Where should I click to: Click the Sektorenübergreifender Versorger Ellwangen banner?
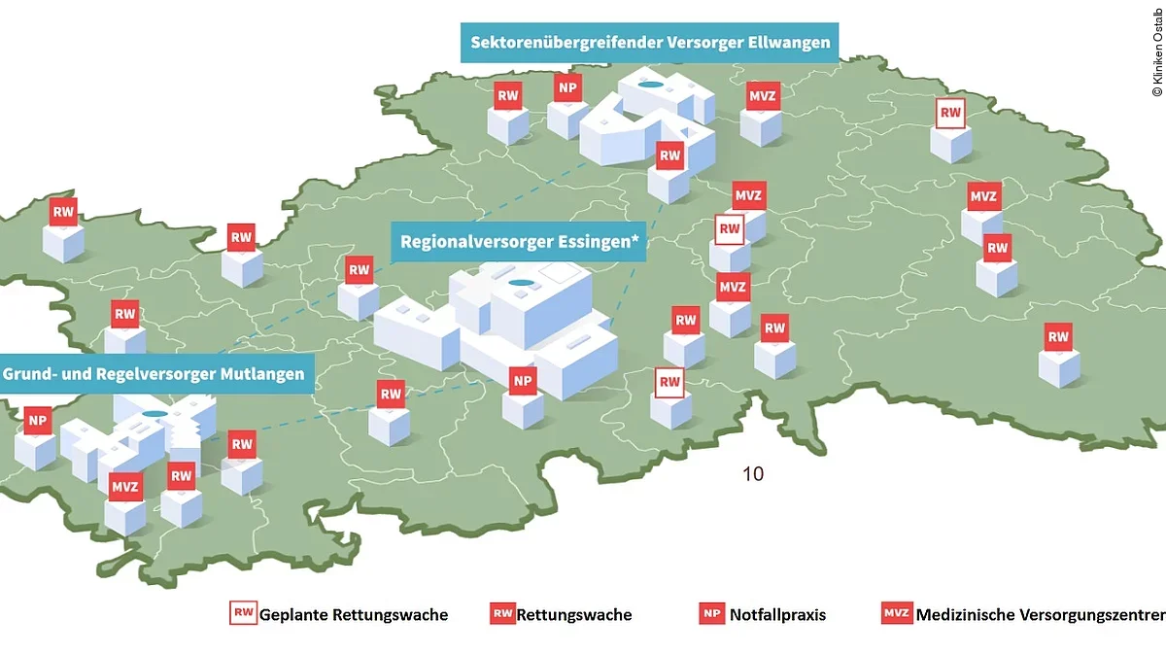[x=650, y=43]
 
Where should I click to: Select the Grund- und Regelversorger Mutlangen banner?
[x=154, y=373]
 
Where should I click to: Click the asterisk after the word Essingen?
[x=637, y=239]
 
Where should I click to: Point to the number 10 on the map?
[x=753, y=474]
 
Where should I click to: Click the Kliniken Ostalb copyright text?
[x=1156, y=50]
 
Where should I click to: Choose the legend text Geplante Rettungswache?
[x=354, y=614]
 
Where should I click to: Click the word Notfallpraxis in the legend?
[x=777, y=614]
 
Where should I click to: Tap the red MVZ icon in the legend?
[x=896, y=613]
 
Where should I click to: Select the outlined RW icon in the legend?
[x=243, y=613]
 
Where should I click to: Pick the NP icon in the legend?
[x=711, y=613]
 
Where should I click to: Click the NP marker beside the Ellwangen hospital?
[x=567, y=87]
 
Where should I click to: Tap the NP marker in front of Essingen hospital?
[x=523, y=380]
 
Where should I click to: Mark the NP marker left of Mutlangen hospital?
[x=38, y=421]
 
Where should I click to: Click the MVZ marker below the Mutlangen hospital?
[x=125, y=486]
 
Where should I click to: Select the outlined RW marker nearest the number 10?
[x=669, y=382]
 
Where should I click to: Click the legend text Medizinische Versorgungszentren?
[x=1040, y=614]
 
